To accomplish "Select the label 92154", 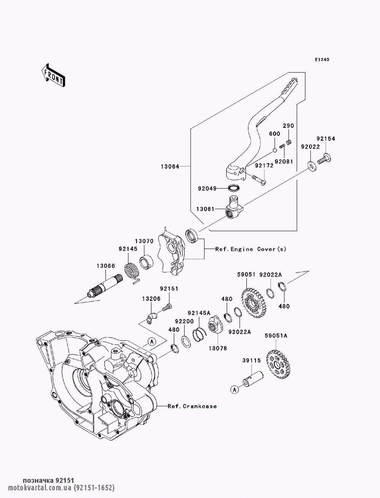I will click(x=326, y=139).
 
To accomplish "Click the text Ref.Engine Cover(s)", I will click(x=251, y=249).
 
